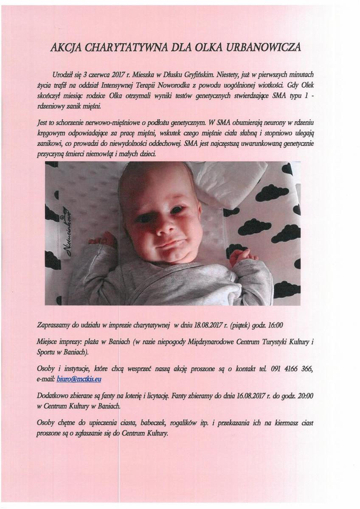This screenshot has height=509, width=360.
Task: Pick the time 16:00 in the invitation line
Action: pos(275,326)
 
